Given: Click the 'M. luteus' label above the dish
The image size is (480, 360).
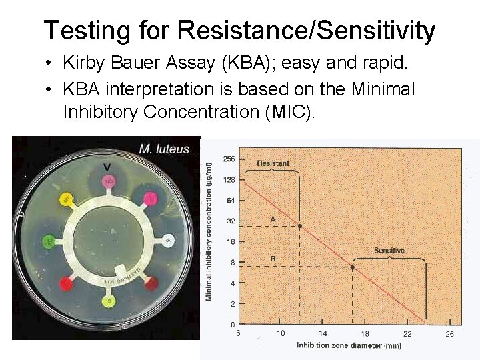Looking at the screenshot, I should click(163, 149).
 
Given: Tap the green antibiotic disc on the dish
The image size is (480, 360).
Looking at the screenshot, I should click(49, 241).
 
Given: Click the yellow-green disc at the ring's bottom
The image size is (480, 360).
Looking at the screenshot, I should click(107, 301).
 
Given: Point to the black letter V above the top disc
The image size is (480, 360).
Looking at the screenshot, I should click(107, 165).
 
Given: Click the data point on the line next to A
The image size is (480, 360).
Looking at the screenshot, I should click(299, 227).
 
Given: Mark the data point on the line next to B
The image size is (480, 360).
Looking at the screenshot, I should click(352, 267).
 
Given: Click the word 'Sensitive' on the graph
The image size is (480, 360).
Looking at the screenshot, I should click(389, 251).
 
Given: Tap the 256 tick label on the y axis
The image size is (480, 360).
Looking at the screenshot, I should click(229, 159).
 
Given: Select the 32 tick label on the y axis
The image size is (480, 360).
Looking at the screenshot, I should click(230, 221).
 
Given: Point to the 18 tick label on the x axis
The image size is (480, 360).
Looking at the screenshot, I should click(365, 333).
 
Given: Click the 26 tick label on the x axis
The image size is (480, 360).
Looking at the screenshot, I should click(449, 333).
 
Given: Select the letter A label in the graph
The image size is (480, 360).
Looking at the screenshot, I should click(273, 219).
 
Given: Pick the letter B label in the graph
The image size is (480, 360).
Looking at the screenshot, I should click(273, 258).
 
